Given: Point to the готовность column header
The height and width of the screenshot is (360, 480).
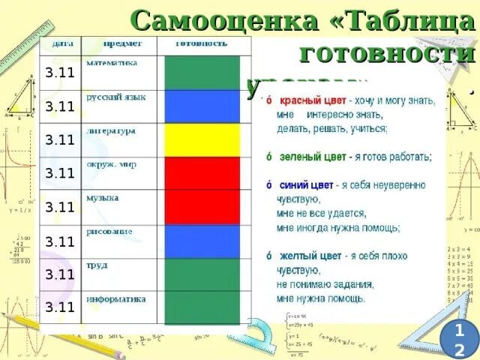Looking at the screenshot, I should [x=201, y=44].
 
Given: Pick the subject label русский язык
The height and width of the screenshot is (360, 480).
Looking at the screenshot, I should [x=115, y=97].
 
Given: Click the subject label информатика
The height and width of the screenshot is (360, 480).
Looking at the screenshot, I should [x=115, y=298].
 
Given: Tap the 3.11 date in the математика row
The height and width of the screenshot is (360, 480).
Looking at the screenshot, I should [x=60, y=73].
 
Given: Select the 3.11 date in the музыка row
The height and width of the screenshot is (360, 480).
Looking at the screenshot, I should [x=60, y=208].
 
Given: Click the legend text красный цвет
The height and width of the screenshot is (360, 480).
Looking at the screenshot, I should [x=310, y=100].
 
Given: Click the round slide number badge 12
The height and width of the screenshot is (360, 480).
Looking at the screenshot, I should [x=458, y=339].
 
